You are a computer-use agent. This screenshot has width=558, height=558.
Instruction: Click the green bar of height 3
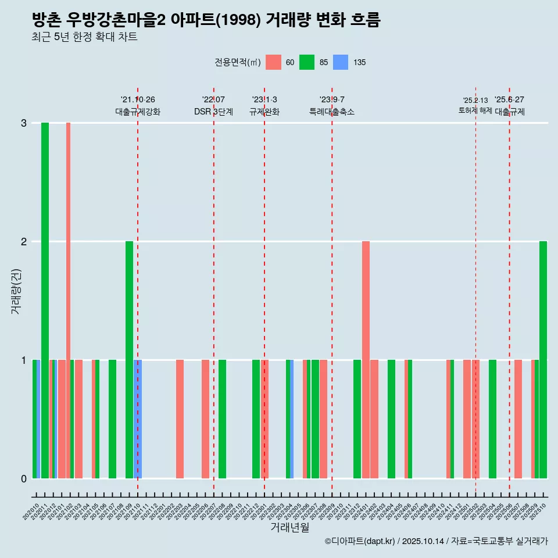pyautogui.click(x=45, y=300)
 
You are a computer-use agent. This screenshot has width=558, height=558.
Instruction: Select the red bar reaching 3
pyautogui.click(x=68, y=300)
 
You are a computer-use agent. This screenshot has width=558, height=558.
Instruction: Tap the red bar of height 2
pyautogui.click(x=366, y=359)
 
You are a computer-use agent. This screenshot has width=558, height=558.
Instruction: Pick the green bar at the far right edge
pyautogui.click(x=543, y=359)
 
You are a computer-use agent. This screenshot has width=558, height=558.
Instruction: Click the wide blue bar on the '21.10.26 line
pyautogui.click(x=138, y=419)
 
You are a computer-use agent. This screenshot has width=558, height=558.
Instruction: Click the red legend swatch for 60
pyautogui.click(x=273, y=62)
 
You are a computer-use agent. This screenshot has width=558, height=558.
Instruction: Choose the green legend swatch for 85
pyautogui.click(x=307, y=62)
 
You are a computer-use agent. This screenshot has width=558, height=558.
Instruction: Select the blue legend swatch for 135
pyautogui.click(x=341, y=62)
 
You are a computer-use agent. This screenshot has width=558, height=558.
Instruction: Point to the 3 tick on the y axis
pyautogui.click(x=24, y=123)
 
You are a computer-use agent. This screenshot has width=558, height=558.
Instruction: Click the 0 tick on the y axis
pyautogui.click(x=24, y=478)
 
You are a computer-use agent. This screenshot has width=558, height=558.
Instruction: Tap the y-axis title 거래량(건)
pyautogui.click(x=16, y=291)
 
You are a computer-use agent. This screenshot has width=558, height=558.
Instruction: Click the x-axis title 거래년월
pyautogui.click(x=289, y=528)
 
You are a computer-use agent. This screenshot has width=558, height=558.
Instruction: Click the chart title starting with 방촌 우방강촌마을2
pyautogui.click(x=206, y=20)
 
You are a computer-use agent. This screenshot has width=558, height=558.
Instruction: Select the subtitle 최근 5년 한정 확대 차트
pyautogui.click(x=85, y=38)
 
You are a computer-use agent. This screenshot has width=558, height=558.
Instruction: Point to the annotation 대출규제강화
pyautogui.click(x=138, y=112)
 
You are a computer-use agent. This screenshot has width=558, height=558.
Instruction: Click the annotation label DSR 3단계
pyautogui.click(x=213, y=112)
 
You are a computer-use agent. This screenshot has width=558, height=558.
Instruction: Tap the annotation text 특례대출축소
pyautogui.click(x=332, y=112)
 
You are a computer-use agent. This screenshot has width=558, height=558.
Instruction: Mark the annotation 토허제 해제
pyautogui.click(x=475, y=110)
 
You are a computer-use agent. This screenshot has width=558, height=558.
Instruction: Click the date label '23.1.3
pyautogui.click(x=264, y=100)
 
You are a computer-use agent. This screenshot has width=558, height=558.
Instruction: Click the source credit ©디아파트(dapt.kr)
pyautogui.click(x=360, y=541)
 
